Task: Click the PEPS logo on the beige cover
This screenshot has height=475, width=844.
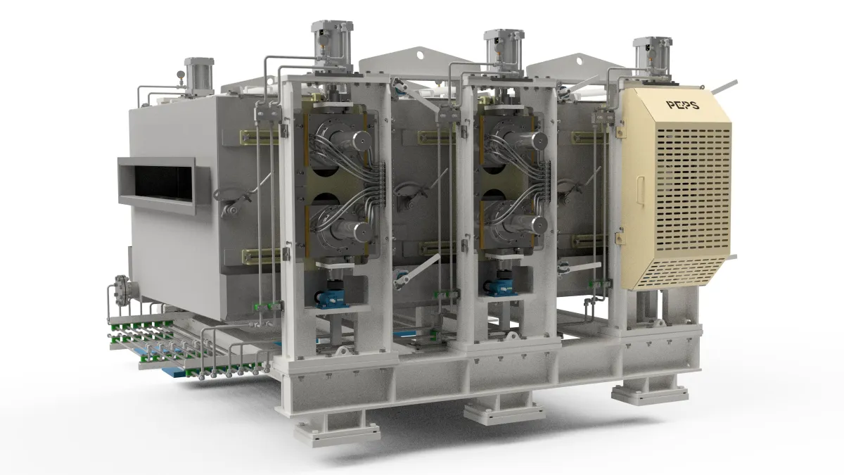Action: [683, 104]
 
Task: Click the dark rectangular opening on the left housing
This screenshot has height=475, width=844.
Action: [163, 183]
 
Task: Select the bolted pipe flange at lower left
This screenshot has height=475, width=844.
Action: [122, 290]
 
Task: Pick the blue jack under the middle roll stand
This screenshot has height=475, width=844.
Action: [500, 287]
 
